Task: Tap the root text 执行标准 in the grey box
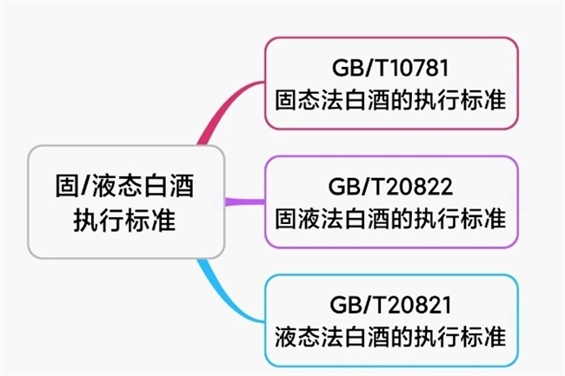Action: [125, 221]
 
